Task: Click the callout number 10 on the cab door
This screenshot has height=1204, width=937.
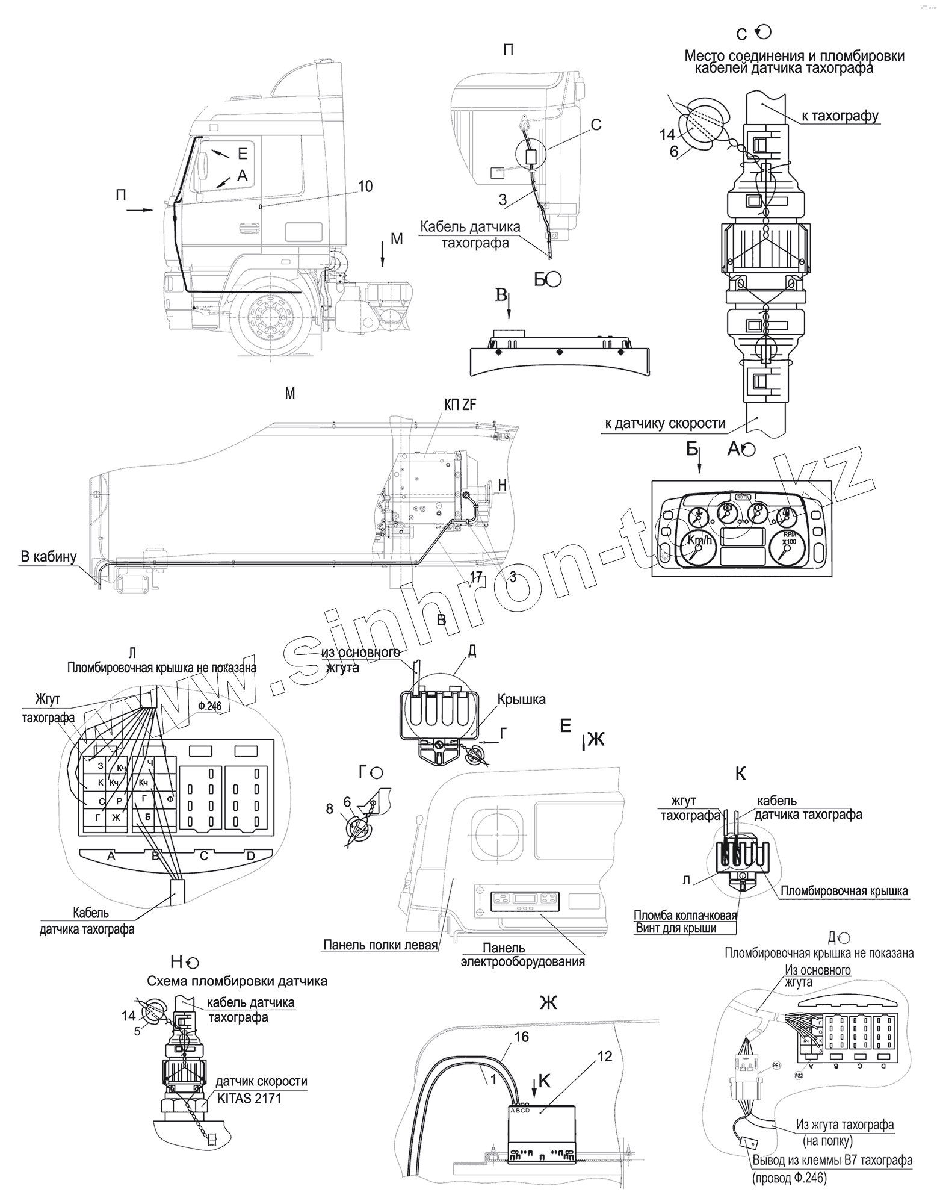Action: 365,187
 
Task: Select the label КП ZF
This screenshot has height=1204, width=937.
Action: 460,405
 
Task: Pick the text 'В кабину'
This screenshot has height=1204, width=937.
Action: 49,556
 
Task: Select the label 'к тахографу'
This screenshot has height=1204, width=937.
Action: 840,116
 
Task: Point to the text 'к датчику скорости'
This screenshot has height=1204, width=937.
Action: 666,424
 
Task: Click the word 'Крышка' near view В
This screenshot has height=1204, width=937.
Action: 521,699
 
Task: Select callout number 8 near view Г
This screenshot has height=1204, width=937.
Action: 330,809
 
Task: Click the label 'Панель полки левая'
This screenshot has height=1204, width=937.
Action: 380,945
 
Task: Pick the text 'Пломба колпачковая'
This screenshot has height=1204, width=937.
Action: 685,916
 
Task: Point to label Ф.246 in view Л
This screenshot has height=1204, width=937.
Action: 209,707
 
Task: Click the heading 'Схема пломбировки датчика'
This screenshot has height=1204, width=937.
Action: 237,981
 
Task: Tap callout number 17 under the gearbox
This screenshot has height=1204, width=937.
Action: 476,577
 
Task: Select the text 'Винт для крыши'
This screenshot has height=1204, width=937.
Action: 676,928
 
